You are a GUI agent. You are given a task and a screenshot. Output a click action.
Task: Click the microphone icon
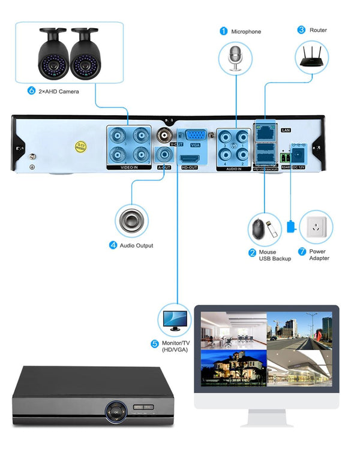click(235, 56)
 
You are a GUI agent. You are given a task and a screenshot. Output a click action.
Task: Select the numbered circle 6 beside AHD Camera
click(32, 91)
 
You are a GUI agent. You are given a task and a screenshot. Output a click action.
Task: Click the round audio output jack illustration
click(131, 220)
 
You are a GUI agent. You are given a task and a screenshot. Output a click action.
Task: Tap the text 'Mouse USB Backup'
click(275, 255)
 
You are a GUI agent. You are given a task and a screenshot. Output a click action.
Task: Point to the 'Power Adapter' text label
click(319, 255)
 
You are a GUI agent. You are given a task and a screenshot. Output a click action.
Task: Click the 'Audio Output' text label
click(136, 245)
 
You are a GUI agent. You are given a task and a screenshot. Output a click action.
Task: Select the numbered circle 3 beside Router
click(301, 29)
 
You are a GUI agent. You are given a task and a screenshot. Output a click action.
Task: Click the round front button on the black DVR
click(115, 411)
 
